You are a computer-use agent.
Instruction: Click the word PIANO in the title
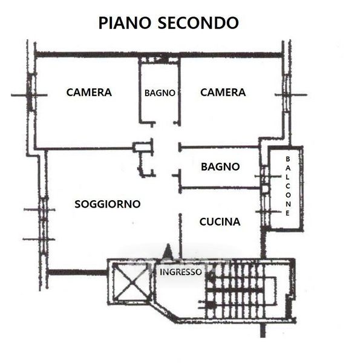point(125,23)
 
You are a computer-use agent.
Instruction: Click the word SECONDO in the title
point(198,23)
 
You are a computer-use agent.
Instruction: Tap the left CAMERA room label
point(89,93)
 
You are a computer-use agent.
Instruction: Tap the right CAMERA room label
point(223,93)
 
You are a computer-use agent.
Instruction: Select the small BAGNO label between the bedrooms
point(160,93)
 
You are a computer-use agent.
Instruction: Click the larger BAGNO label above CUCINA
point(220,167)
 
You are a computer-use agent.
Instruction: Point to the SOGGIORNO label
point(108,204)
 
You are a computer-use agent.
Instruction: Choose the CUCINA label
point(220,222)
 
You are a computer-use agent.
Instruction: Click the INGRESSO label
point(180,272)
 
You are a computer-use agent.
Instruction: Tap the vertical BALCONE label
point(288,186)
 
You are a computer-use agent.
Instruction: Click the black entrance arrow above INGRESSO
point(168,251)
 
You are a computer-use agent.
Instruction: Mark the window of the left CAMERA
point(31,93)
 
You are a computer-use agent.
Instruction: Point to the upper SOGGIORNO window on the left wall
point(44,209)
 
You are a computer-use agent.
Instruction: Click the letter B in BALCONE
point(288,159)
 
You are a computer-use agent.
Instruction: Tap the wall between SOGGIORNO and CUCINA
point(180,236)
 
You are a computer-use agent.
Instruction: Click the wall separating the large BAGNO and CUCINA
point(220,188)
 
